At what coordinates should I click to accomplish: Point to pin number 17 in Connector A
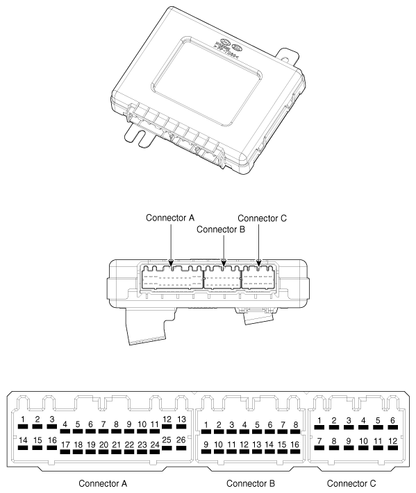65,447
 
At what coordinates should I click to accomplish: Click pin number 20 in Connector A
103,447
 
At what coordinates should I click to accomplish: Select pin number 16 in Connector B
295,447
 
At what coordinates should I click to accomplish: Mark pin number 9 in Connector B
206,447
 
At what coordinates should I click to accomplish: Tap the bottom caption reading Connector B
251,483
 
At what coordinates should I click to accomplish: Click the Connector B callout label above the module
223,230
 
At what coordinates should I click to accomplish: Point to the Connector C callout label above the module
263,218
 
